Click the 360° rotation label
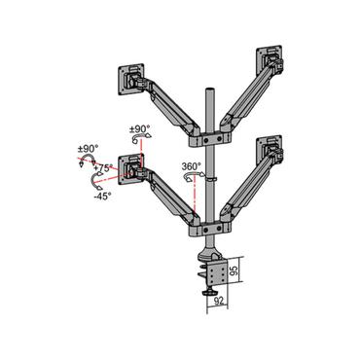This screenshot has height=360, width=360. click(x=191, y=165)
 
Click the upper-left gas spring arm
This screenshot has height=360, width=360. click(x=168, y=107)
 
